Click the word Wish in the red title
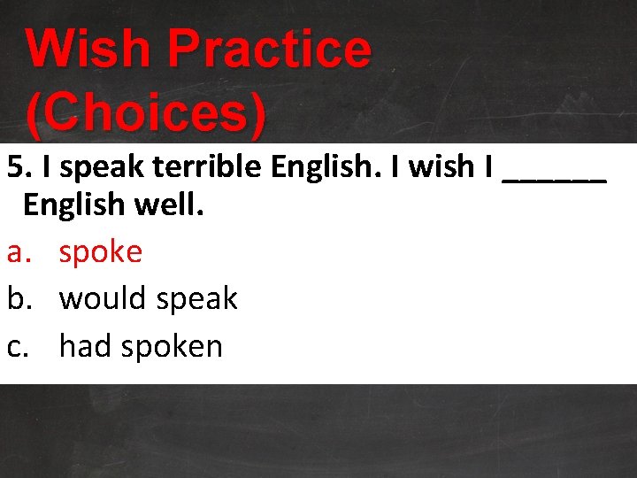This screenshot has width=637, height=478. (x=88, y=50)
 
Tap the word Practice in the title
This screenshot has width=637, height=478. (x=269, y=50)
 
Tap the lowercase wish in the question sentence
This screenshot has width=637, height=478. (x=437, y=166)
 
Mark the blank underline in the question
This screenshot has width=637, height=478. (x=554, y=177)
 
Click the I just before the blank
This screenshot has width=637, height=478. (x=489, y=166)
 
